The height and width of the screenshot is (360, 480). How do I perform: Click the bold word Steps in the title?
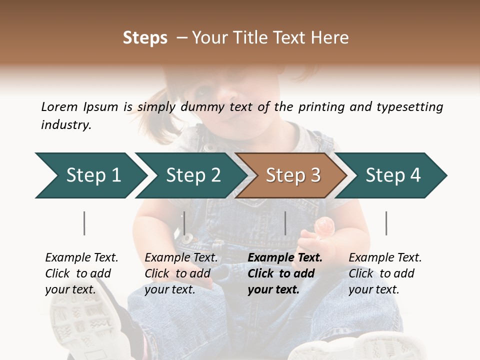click(145, 37)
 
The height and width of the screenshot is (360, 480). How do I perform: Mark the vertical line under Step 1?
click(84, 223)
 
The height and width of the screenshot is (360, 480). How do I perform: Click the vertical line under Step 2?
click(184, 223)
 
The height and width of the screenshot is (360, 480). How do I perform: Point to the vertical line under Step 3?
click(285, 223)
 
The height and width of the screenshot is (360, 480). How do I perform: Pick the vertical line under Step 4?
click(386, 223)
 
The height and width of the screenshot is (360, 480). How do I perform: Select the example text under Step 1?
click(81, 273)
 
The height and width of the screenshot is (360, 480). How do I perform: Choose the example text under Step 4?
click(385, 273)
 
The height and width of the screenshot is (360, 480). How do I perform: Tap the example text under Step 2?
click(181, 273)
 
